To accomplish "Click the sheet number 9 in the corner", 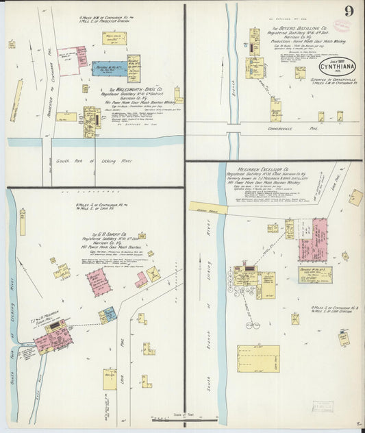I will [x=349, y=11].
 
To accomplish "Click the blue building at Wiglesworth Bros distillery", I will [x=109, y=69].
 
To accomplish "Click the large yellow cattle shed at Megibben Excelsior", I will [x=258, y=358].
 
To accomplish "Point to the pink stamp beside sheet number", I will [x=342, y=26].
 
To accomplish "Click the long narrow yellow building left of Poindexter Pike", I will [x=16, y=101].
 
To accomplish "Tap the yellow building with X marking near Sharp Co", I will [x=153, y=274].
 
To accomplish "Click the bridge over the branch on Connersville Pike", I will [x=233, y=127].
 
